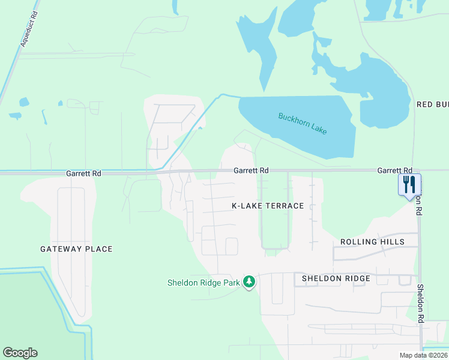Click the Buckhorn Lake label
[x=303, y=124]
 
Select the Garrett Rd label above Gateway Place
[x=83, y=173]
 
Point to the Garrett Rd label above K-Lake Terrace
[x=250, y=170]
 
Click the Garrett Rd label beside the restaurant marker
[x=394, y=170]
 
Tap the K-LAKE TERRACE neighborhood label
[x=268, y=206]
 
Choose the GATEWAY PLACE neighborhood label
[x=76, y=249]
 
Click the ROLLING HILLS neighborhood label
[x=372, y=242]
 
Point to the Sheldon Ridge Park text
[x=203, y=283]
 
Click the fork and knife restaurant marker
[x=409, y=184]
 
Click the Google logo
[x=20, y=353]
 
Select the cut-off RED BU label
[x=432, y=104]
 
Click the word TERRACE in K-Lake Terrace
[x=283, y=206]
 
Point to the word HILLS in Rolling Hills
[x=392, y=242]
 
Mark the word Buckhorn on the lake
[x=291, y=119]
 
